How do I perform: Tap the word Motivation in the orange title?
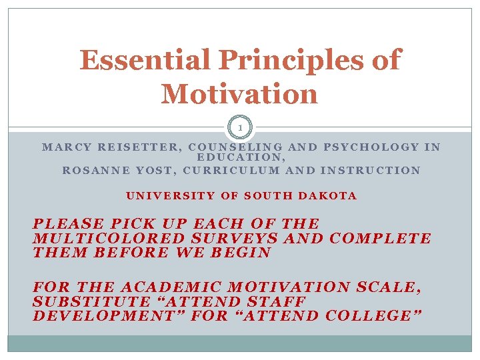pos(239,93)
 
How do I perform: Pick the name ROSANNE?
pos(93,171)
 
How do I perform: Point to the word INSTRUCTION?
pos(370,171)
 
